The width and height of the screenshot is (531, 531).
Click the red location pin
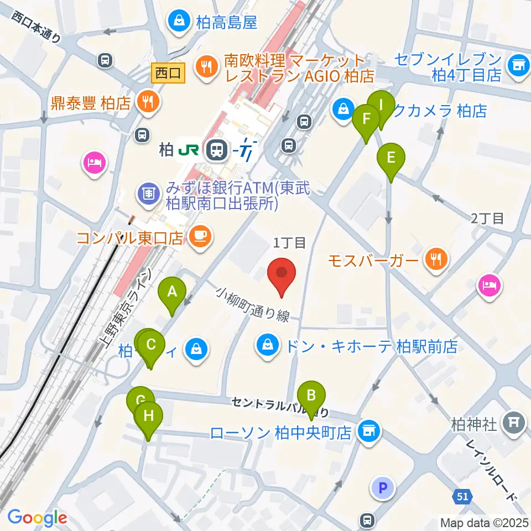coord(282,274)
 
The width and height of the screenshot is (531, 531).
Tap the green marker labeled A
coord(172,291)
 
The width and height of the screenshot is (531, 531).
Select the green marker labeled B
coord(311,396)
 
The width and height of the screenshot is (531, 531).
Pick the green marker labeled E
coord(391,158)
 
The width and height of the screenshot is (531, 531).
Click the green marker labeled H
coord(148,416)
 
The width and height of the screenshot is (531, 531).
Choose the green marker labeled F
coord(366,119)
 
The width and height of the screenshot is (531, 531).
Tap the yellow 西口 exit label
coord(168,72)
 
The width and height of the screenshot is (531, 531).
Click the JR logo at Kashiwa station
coord(189,149)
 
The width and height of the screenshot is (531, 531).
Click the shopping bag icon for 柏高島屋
coord(179,22)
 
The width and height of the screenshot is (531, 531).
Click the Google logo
coord(37,518)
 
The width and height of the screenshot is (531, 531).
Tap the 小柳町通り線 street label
coord(253,304)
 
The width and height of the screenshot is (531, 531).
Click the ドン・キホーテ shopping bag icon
coord(268,346)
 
